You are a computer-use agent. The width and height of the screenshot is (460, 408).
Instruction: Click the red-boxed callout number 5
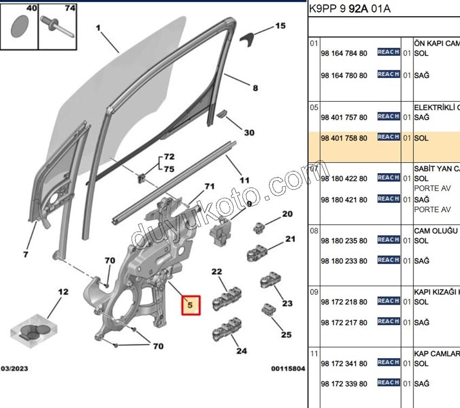coord(190,305)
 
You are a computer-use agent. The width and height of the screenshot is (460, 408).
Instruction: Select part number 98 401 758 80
coord(344,138)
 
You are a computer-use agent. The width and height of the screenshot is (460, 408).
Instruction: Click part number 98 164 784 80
coord(344,54)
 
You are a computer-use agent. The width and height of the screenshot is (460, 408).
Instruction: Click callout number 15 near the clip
coord(280,25)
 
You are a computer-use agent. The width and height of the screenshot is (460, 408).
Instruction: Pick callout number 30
coord(248,133)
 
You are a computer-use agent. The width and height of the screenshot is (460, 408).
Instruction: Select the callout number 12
coord(63,292)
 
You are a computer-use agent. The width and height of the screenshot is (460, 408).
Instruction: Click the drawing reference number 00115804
coord(288,368)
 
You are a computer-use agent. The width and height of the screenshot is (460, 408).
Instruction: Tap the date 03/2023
coord(15,368)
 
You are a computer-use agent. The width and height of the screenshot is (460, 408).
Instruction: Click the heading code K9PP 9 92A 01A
coord(349,9)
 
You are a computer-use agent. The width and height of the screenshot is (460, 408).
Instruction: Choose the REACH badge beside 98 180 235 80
coord(389,240)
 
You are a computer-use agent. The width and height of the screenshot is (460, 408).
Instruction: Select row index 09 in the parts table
coord(314,292)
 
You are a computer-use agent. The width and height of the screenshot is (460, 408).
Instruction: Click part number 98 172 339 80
coord(344,384)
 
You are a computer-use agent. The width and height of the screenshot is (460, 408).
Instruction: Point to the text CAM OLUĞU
coord(436,231)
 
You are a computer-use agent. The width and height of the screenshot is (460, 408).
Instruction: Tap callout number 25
coord(286,334)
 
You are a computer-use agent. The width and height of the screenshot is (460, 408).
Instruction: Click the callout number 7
coord(26,254)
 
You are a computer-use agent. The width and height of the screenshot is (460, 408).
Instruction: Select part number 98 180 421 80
coord(344,200)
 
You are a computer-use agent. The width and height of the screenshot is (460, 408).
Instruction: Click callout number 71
coord(209,187)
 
